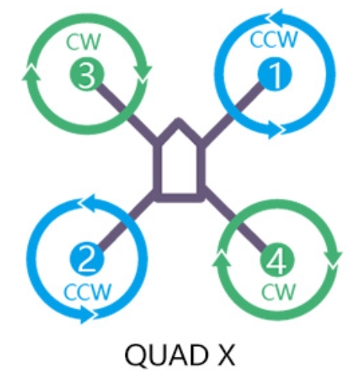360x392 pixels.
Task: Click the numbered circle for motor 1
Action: click(x=275, y=73)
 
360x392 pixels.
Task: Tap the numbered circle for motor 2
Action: click(x=87, y=259)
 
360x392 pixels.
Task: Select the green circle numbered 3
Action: click(x=87, y=73)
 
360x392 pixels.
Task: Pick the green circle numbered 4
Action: click(x=277, y=260)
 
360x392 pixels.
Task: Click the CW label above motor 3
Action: click(x=83, y=41)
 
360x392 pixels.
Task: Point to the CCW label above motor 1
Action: click(x=273, y=39)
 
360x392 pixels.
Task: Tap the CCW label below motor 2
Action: click(x=87, y=292)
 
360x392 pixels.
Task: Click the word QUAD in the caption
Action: click(x=166, y=355)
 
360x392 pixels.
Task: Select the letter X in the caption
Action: click(x=227, y=354)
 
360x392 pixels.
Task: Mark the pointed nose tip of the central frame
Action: click(x=178, y=119)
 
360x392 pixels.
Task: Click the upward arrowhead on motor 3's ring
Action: click(x=31, y=73)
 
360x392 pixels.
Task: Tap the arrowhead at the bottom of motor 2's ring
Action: click(x=87, y=315)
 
